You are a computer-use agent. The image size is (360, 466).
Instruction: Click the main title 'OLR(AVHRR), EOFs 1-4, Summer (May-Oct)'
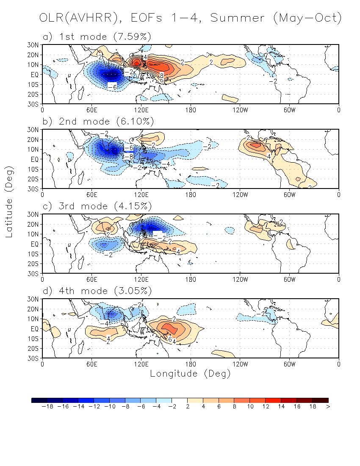[x=190, y=18]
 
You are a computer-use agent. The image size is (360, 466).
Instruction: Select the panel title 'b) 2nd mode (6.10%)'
[x=98, y=122]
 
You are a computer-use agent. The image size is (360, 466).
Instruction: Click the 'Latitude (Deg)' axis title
[x=9, y=201]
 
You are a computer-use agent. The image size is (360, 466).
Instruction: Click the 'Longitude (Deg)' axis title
[x=190, y=374]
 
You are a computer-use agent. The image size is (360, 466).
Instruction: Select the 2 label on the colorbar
[x=187, y=407]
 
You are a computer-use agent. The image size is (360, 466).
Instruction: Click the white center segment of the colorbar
[x=180, y=400]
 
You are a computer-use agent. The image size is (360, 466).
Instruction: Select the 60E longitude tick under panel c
[x=92, y=279]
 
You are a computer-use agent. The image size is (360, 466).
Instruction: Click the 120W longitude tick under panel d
[x=240, y=364]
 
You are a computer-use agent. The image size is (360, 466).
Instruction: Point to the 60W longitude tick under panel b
[x=289, y=194]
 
